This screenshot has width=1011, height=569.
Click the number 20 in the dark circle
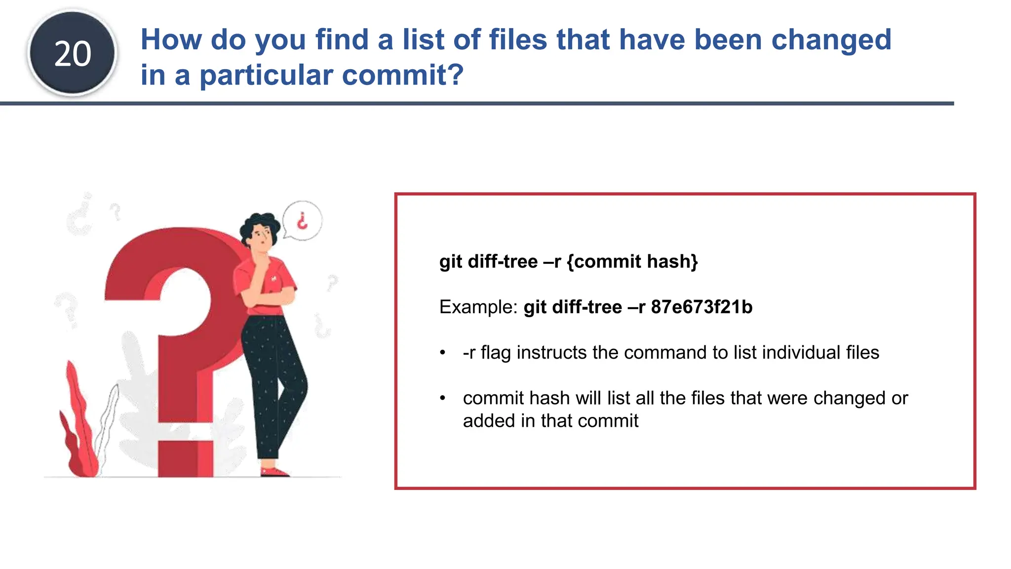coord(73,54)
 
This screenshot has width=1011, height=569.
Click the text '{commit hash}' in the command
coord(632,261)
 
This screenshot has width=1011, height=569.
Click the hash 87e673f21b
coord(701,307)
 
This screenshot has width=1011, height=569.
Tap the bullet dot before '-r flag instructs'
coord(443,353)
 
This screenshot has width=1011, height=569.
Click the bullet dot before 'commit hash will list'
coord(443,398)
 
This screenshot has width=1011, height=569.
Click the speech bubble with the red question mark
coord(303,221)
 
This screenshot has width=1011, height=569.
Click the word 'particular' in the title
coord(266,75)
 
